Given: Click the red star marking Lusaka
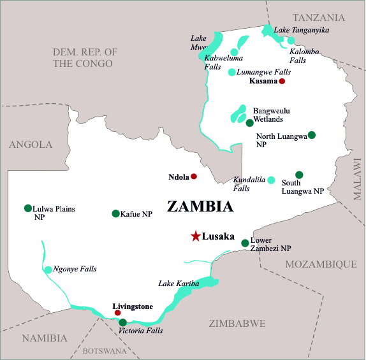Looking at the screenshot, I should pyautogui.click(x=195, y=236).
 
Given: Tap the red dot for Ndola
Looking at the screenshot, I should pyautogui.click(x=194, y=176).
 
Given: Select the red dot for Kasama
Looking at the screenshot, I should pyautogui.click(x=282, y=82).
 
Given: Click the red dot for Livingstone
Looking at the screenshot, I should pyautogui.click(x=117, y=313).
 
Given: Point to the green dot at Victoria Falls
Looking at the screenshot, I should pyautogui.click(x=122, y=322).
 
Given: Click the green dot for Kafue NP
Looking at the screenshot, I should pyautogui.click(x=115, y=213).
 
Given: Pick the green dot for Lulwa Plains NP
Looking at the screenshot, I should pyautogui.click(x=27, y=208).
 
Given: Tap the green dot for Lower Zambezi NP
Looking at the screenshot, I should pyautogui.click(x=245, y=243).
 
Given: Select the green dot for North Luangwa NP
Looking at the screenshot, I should pyautogui.click(x=311, y=134).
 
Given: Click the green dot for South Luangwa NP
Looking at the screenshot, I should pyautogui.click(x=299, y=175).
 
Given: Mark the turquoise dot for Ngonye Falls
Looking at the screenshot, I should pyautogui.click(x=48, y=270).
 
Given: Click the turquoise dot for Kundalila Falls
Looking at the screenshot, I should pyautogui.click(x=271, y=180).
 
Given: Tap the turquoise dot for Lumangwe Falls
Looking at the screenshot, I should pyautogui.click(x=231, y=72).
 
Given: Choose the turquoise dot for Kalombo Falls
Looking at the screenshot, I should pyautogui.click(x=291, y=41).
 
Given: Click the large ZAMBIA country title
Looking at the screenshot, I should pyautogui.click(x=200, y=206).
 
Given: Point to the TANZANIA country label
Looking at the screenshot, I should pyautogui.click(x=318, y=17).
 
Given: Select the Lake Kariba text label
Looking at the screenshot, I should pyautogui.click(x=179, y=283).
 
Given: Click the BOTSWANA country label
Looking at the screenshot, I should pyautogui.click(x=105, y=351).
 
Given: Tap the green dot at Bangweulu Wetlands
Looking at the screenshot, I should pyautogui.click(x=249, y=122).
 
